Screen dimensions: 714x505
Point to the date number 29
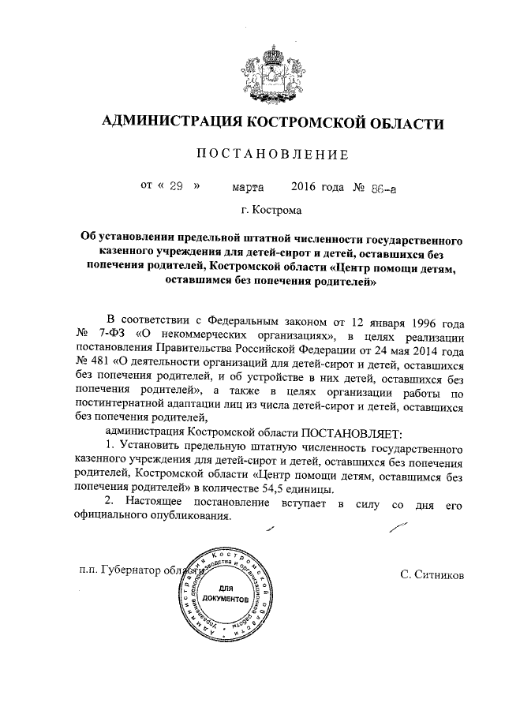tap(176, 186)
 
